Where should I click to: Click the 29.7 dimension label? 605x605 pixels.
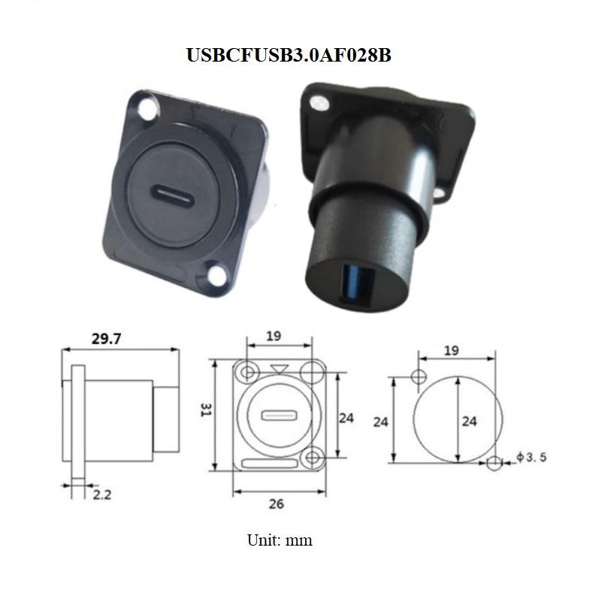[107, 339]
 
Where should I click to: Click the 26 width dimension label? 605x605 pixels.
[277, 504]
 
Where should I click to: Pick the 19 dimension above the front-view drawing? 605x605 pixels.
[274, 337]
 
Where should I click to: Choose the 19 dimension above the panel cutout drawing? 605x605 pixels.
[451, 350]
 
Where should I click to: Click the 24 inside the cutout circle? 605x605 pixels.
[469, 422]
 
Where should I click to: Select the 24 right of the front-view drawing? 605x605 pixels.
[346, 418]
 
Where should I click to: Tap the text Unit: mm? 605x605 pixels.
[280, 540]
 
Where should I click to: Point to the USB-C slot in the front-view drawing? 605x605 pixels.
[275, 416]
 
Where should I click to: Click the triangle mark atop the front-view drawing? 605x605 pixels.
[280, 368]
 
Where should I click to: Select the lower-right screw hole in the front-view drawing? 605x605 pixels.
[313, 455]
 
